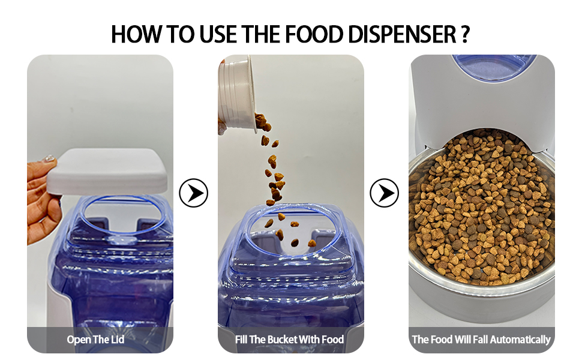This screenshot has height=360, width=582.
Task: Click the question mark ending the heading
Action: [x=465, y=34]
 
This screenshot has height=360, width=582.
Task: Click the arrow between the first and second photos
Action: [x=194, y=193]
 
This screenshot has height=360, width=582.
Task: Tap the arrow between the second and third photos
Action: [x=384, y=193]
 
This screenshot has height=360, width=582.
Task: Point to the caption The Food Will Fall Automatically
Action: [x=481, y=340]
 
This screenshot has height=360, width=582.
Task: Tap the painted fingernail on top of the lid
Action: [x=49, y=160]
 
